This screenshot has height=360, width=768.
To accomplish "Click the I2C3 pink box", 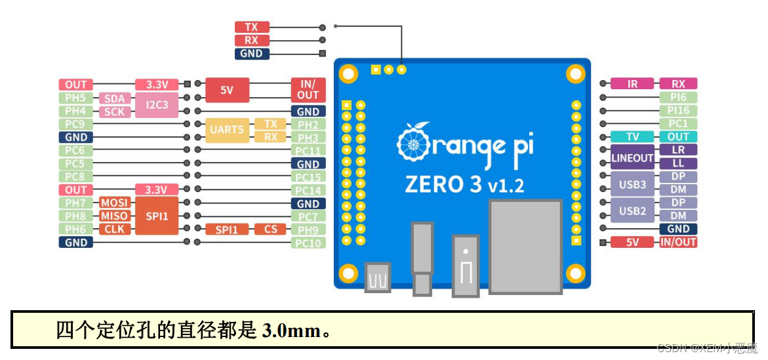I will [x=157, y=105].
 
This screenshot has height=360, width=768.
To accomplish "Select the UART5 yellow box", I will [x=226, y=130].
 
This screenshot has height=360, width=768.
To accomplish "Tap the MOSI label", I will [x=114, y=203].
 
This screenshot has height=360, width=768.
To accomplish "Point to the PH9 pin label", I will [x=308, y=230].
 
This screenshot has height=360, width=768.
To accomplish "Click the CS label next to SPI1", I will [x=270, y=230].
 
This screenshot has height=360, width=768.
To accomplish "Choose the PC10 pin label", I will [x=308, y=243].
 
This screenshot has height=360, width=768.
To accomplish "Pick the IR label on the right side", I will [x=632, y=84].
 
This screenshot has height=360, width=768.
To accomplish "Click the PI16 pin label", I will [x=678, y=110].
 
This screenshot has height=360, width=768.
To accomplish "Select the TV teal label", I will [x=632, y=137].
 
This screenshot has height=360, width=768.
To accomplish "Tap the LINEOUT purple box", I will [x=632, y=157].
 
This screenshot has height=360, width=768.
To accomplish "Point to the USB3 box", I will [x=632, y=184].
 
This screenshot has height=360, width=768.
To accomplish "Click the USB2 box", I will [x=632, y=210].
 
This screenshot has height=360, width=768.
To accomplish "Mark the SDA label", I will [x=114, y=98].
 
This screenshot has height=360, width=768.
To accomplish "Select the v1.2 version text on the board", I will [x=506, y=186].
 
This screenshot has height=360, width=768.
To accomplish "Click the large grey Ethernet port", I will [x=525, y=246].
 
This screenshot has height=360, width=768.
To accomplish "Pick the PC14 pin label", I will [x=308, y=190].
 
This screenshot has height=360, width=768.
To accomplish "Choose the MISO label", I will [x=114, y=216].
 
